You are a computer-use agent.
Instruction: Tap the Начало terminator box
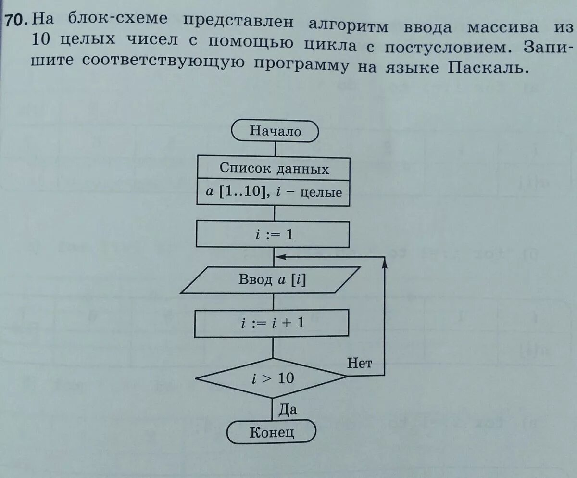[x=275, y=131]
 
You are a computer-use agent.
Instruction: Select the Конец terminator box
[x=272, y=432]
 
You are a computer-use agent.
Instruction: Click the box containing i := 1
[x=273, y=236]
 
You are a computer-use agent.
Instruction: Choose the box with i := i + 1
[x=272, y=324]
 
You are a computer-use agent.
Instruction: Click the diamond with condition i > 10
[x=272, y=378]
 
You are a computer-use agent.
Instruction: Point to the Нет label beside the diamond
[x=359, y=363]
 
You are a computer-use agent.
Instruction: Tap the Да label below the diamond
[x=288, y=409]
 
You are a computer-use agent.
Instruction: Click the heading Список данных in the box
[x=274, y=168]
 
